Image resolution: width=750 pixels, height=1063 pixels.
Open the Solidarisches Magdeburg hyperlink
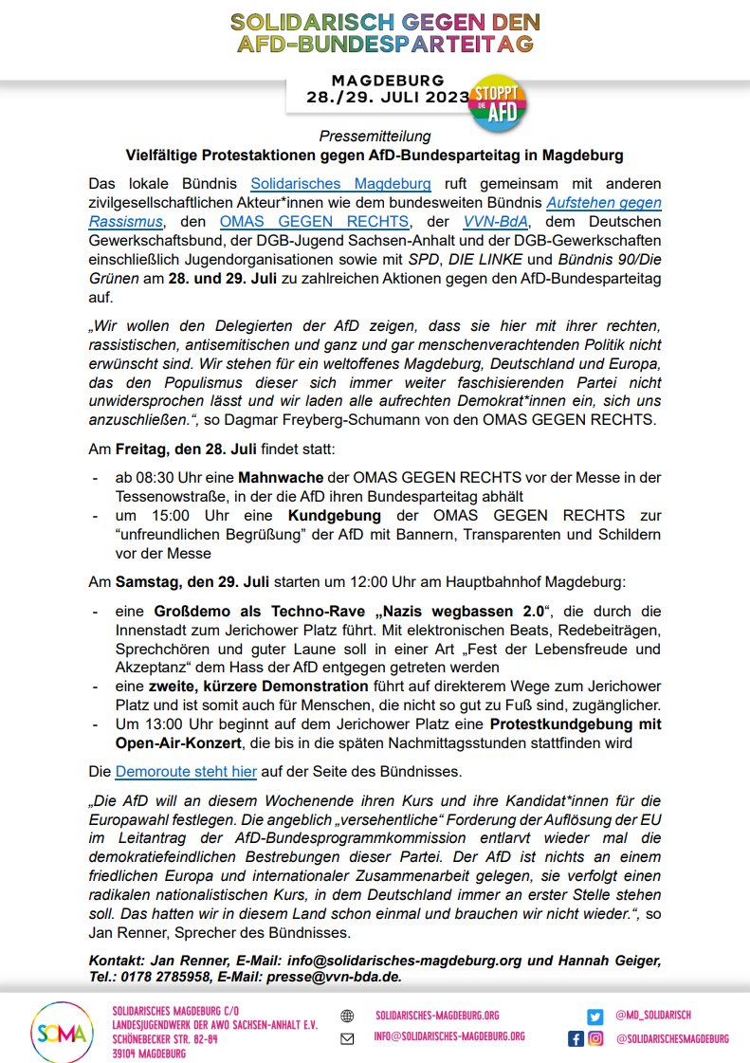pyautogui.click(x=340, y=182)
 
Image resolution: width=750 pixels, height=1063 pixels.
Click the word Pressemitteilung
pyautogui.click(x=375, y=137)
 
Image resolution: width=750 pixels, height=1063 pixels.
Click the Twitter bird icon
pyautogui.click(x=595, y=1016)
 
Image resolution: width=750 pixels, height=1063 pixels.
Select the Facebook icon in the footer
pyautogui.click(x=576, y=1039)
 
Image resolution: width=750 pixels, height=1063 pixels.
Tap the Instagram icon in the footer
pyautogui.click(x=595, y=1039)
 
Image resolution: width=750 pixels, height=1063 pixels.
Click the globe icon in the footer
pyautogui.click(x=347, y=1016)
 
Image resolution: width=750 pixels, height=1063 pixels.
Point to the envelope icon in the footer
pyautogui.click(x=347, y=1038)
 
